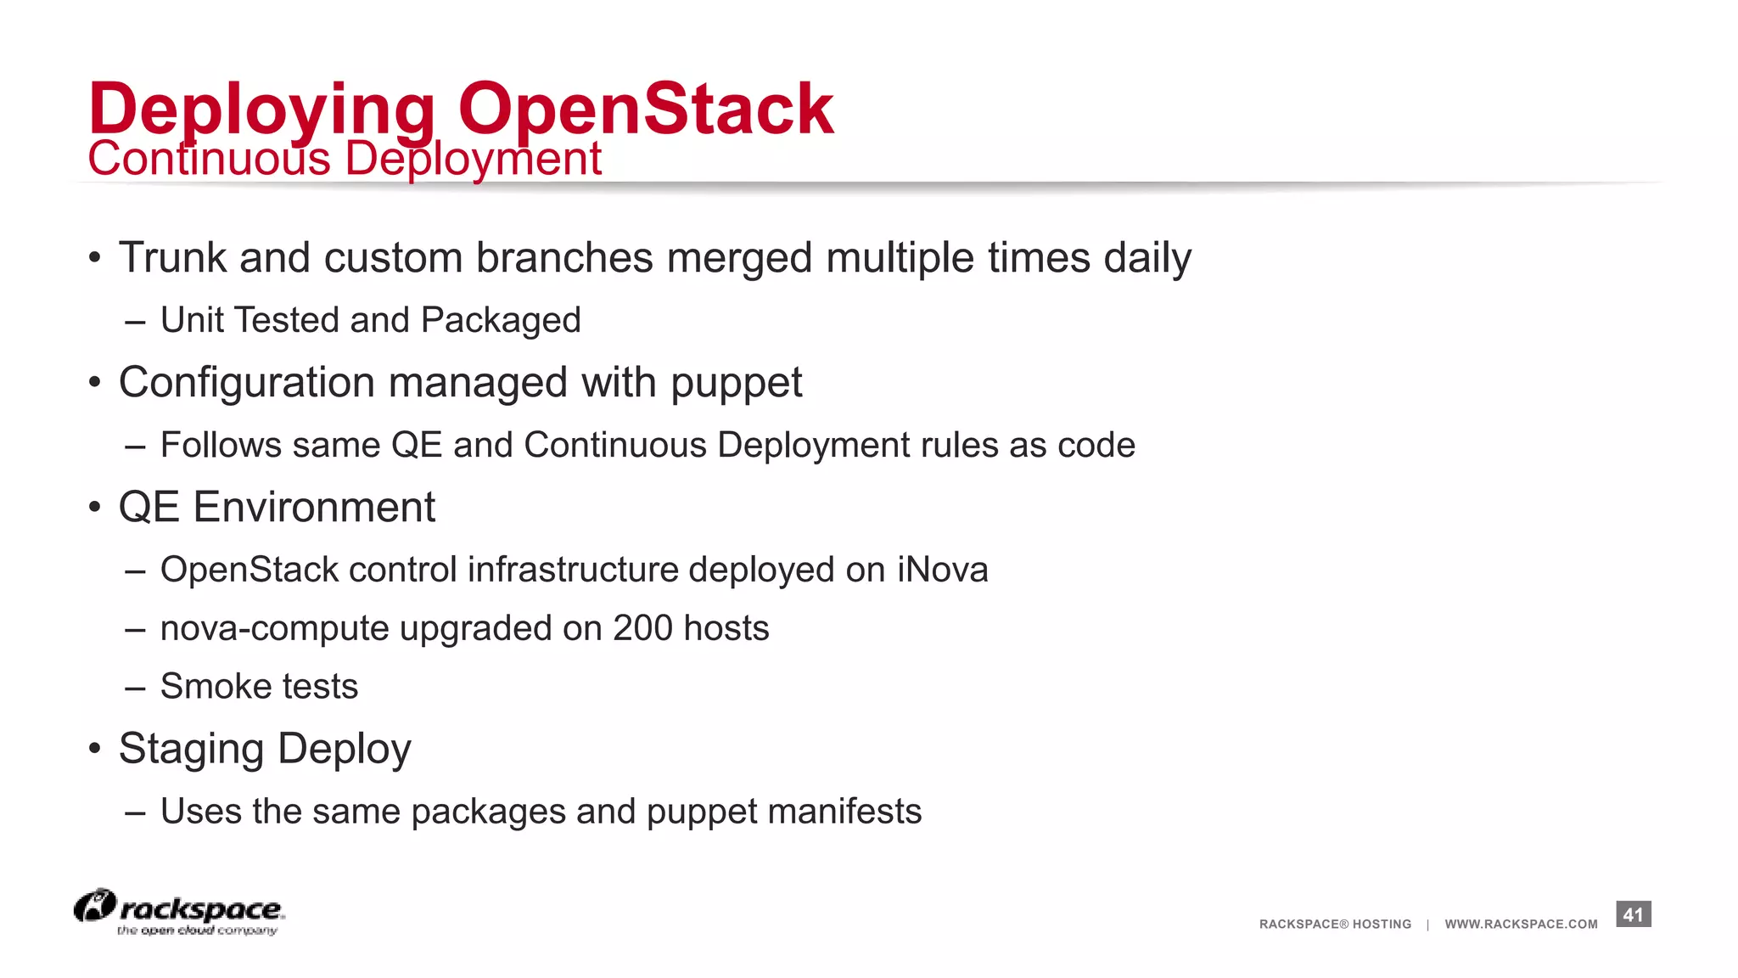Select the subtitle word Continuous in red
[209, 159]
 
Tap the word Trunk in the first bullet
[172, 257]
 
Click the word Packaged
[501, 321]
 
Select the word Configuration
[246, 382]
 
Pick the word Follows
[221, 445]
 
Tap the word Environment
[314, 507]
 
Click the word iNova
[943, 570]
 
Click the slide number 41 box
[1633, 914]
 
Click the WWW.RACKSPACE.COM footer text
[1521, 924]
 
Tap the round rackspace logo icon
[94, 906]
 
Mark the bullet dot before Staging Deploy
[95, 749]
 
